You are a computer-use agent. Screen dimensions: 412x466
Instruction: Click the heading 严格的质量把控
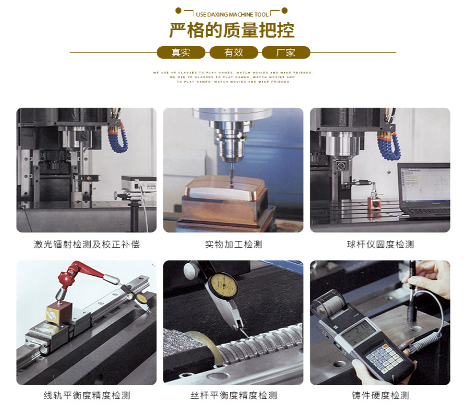point(232,30)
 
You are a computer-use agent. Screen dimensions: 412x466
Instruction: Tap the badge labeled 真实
point(181,52)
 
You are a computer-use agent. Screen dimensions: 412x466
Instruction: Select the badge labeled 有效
point(233,52)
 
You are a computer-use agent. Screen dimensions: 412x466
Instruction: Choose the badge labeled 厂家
point(286,52)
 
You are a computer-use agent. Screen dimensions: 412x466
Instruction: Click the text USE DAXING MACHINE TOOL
point(232,14)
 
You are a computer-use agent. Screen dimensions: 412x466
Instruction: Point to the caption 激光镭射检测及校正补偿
point(87,244)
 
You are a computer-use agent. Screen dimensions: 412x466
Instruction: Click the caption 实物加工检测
point(233,244)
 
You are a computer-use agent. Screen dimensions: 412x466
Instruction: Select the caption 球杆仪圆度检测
point(380,244)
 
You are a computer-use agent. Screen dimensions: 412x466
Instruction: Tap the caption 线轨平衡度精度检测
point(87,395)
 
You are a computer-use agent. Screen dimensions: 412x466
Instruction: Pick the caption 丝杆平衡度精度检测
point(233,395)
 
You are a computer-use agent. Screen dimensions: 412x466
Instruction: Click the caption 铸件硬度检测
point(380,395)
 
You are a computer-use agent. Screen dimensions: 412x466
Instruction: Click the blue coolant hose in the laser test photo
point(119,137)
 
